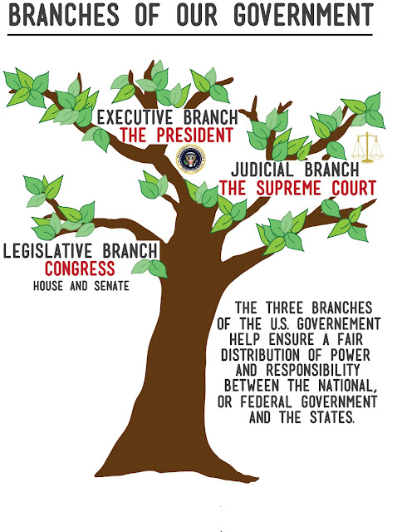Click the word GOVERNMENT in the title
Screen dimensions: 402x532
(x=303, y=15)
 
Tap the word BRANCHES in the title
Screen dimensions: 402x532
(x=64, y=15)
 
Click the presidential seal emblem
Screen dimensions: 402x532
(x=190, y=159)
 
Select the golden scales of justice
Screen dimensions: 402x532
(x=367, y=148)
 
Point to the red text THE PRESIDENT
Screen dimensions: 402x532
(x=177, y=135)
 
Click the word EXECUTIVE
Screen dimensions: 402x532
(x=135, y=118)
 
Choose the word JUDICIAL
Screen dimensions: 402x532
(x=262, y=170)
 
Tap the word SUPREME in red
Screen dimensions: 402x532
(x=288, y=189)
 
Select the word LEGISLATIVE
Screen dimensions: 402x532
(x=48, y=251)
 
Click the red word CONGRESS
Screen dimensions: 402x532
(x=80, y=268)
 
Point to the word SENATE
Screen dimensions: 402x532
(x=111, y=286)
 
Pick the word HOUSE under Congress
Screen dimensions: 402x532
(x=48, y=286)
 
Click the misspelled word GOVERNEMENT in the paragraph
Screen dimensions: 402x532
(x=339, y=323)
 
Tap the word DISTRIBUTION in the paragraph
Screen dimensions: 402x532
(x=260, y=355)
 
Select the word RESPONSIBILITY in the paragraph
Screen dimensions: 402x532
(x=312, y=371)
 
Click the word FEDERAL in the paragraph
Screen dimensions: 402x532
(x=266, y=401)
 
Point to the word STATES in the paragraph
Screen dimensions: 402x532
(x=332, y=417)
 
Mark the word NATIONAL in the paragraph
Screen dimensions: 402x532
(x=348, y=386)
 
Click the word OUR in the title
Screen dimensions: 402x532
(x=197, y=15)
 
